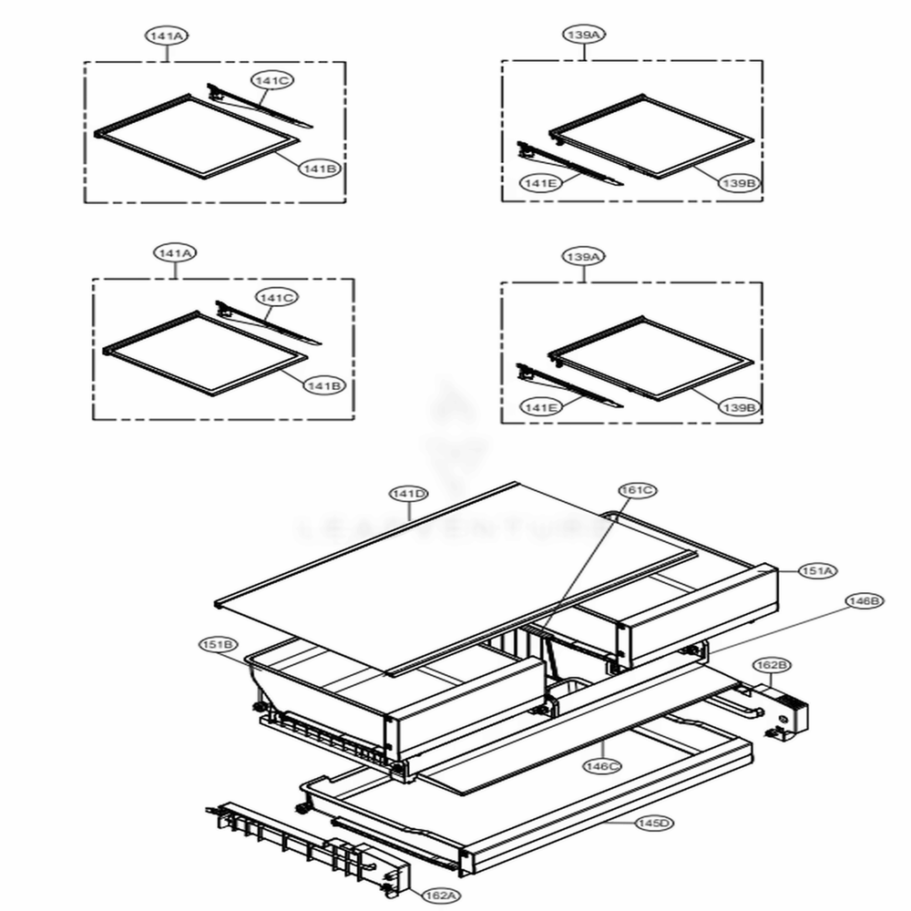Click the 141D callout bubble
[409, 494]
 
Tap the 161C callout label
[638, 490]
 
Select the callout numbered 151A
[817, 571]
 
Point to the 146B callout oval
[864, 601]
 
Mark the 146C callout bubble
[603, 767]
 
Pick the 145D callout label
[653, 824]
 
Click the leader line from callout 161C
[592, 556]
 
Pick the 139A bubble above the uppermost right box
[584, 36]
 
